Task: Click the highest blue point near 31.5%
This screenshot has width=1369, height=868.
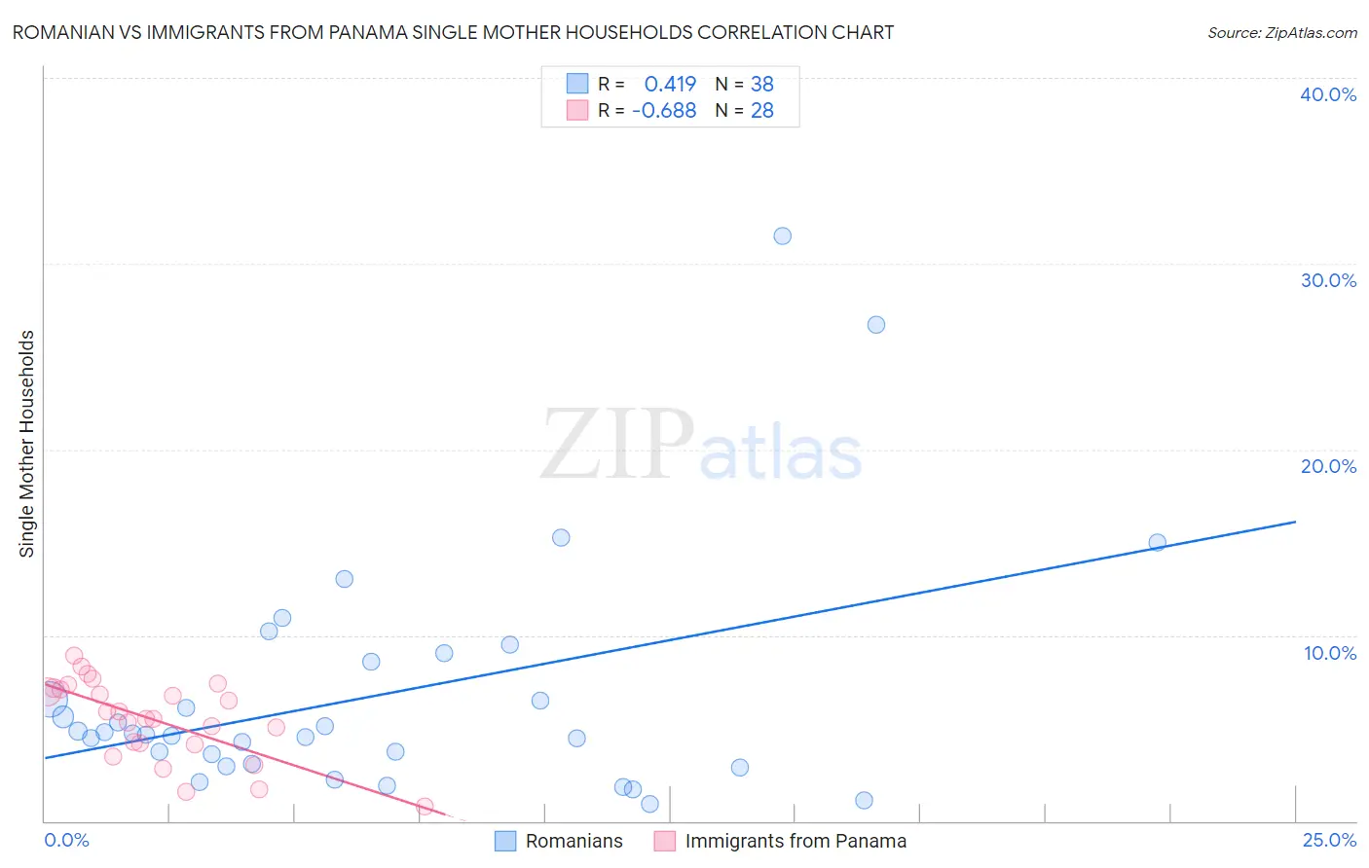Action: click(x=782, y=236)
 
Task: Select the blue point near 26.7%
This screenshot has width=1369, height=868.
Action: click(x=876, y=325)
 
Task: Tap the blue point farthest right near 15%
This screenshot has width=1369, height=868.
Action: click(x=1157, y=543)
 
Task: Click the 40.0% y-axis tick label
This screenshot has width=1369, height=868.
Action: click(x=1328, y=94)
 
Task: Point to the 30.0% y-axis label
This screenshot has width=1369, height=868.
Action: click(x=1328, y=280)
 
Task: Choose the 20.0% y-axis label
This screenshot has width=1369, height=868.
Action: click(x=1328, y=466)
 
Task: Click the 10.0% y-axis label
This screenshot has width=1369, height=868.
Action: click(x=1330, y=653)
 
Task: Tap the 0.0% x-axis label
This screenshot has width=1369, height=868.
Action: click(x=66, y=840)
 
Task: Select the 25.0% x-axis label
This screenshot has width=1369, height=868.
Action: click(x=1329, y=840)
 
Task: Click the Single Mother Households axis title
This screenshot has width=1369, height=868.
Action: click(x=27, y=444)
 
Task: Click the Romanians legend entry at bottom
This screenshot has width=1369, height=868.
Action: click(x=573, y=841)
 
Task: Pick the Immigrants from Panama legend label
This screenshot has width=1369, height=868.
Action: click(x=795, y=841)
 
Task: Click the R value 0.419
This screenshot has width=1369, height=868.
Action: click(x=670, y=85)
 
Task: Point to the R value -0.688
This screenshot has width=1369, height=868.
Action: click(x=664, y=111)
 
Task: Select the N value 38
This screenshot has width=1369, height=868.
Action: click(x=761, y=85)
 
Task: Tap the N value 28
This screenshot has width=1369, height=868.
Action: click(x=761, y=111)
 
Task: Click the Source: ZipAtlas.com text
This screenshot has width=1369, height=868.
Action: click(x=1281, y=33)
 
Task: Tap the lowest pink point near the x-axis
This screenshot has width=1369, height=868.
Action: click(x=425, y=807)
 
